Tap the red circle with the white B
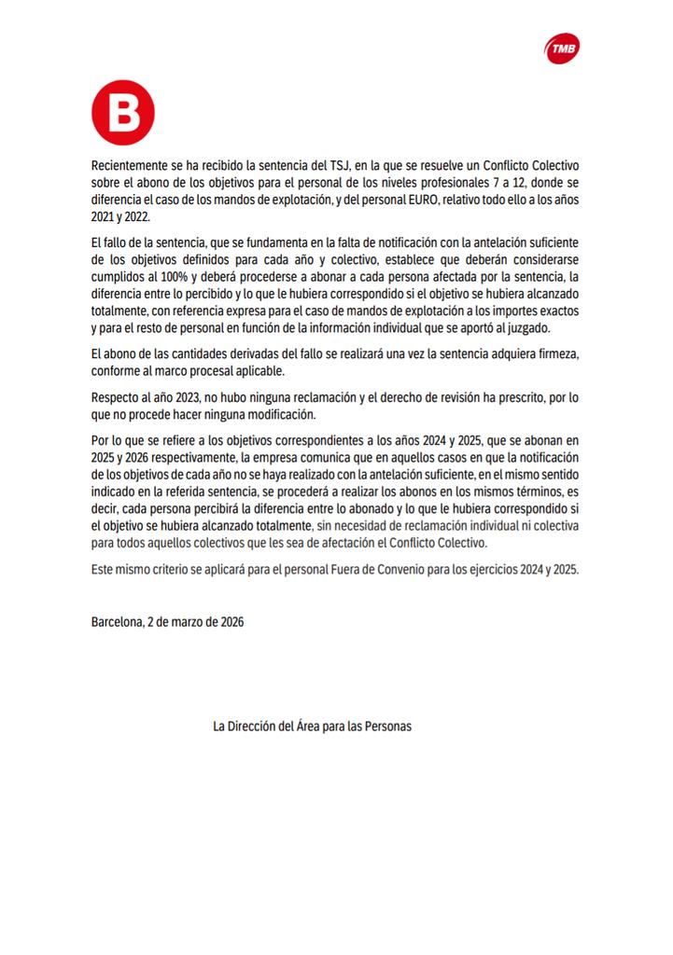(x=122, y=113)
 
